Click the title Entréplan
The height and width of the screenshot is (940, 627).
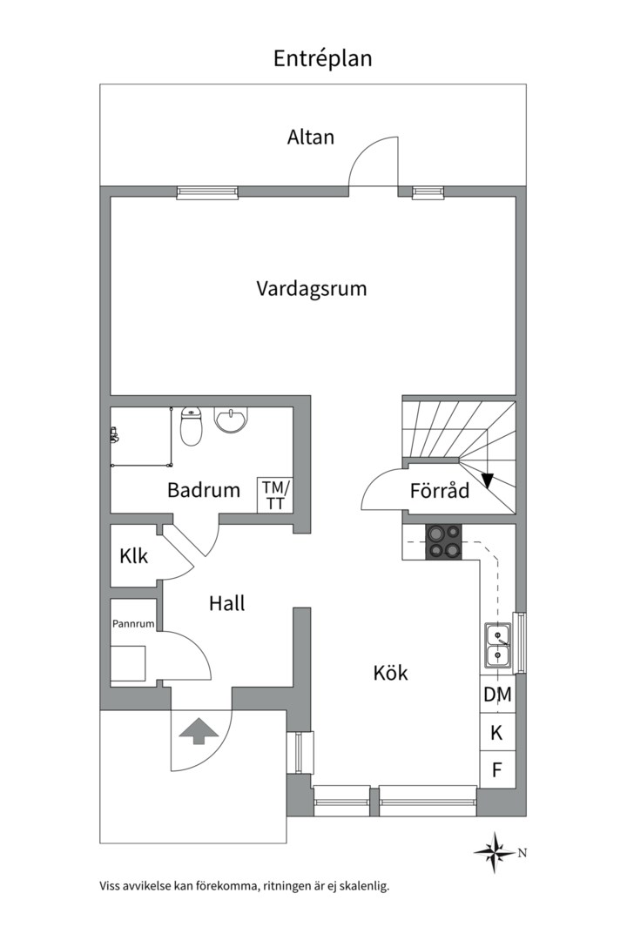(x=322, y=58)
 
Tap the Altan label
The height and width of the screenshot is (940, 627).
(x=311, y=137)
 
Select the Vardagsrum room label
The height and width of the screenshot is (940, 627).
(x=311, y=289)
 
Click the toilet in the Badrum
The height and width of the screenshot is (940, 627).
(x=192, y=426)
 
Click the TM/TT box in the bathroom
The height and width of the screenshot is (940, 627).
(x=274, y=495)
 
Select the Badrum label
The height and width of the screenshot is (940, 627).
(x=204, y=490)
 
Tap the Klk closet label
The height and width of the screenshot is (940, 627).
(x=134, y=556)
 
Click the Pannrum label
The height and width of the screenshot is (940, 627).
(x=133, y=624)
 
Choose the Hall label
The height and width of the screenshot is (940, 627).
(x=226, y=603)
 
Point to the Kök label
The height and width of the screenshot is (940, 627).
(x=390, y=673)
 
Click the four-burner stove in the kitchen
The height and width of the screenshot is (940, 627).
(x=442, y=541)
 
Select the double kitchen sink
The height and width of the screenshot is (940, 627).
(x=497, y=646)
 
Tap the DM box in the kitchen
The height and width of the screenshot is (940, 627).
(x=497, y=695)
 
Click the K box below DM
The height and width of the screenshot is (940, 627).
(x=497, y=733)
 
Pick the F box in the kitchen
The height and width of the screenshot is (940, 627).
(x=497, y=770)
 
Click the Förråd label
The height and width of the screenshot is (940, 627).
(x=440, y=491)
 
